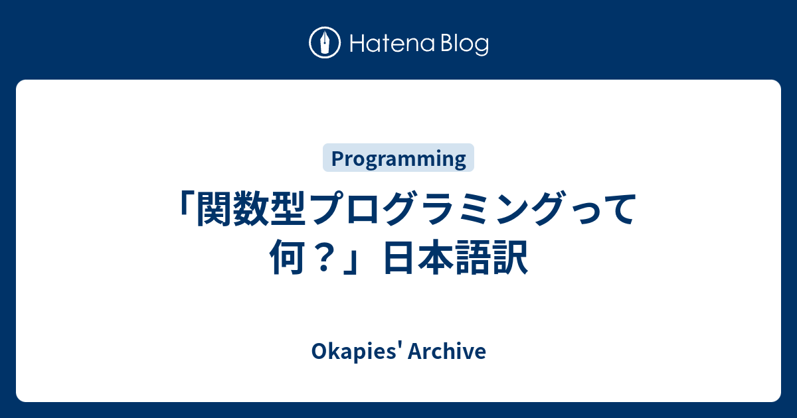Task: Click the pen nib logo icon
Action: click(x=325, y=42)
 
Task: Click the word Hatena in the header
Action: click(x=393, y=44)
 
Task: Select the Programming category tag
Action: click(x=398, y=158)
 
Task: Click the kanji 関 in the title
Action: click(x=214, y=208)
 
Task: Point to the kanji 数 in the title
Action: click(x=252, y=208)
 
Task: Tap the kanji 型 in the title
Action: click(x=289, y=208)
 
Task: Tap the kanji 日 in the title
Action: click(x=400, y=257)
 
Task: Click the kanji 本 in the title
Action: click(x=436, y=257)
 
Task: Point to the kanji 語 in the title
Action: click(x=474, y=257)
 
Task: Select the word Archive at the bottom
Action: click(x=447, y=351)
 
